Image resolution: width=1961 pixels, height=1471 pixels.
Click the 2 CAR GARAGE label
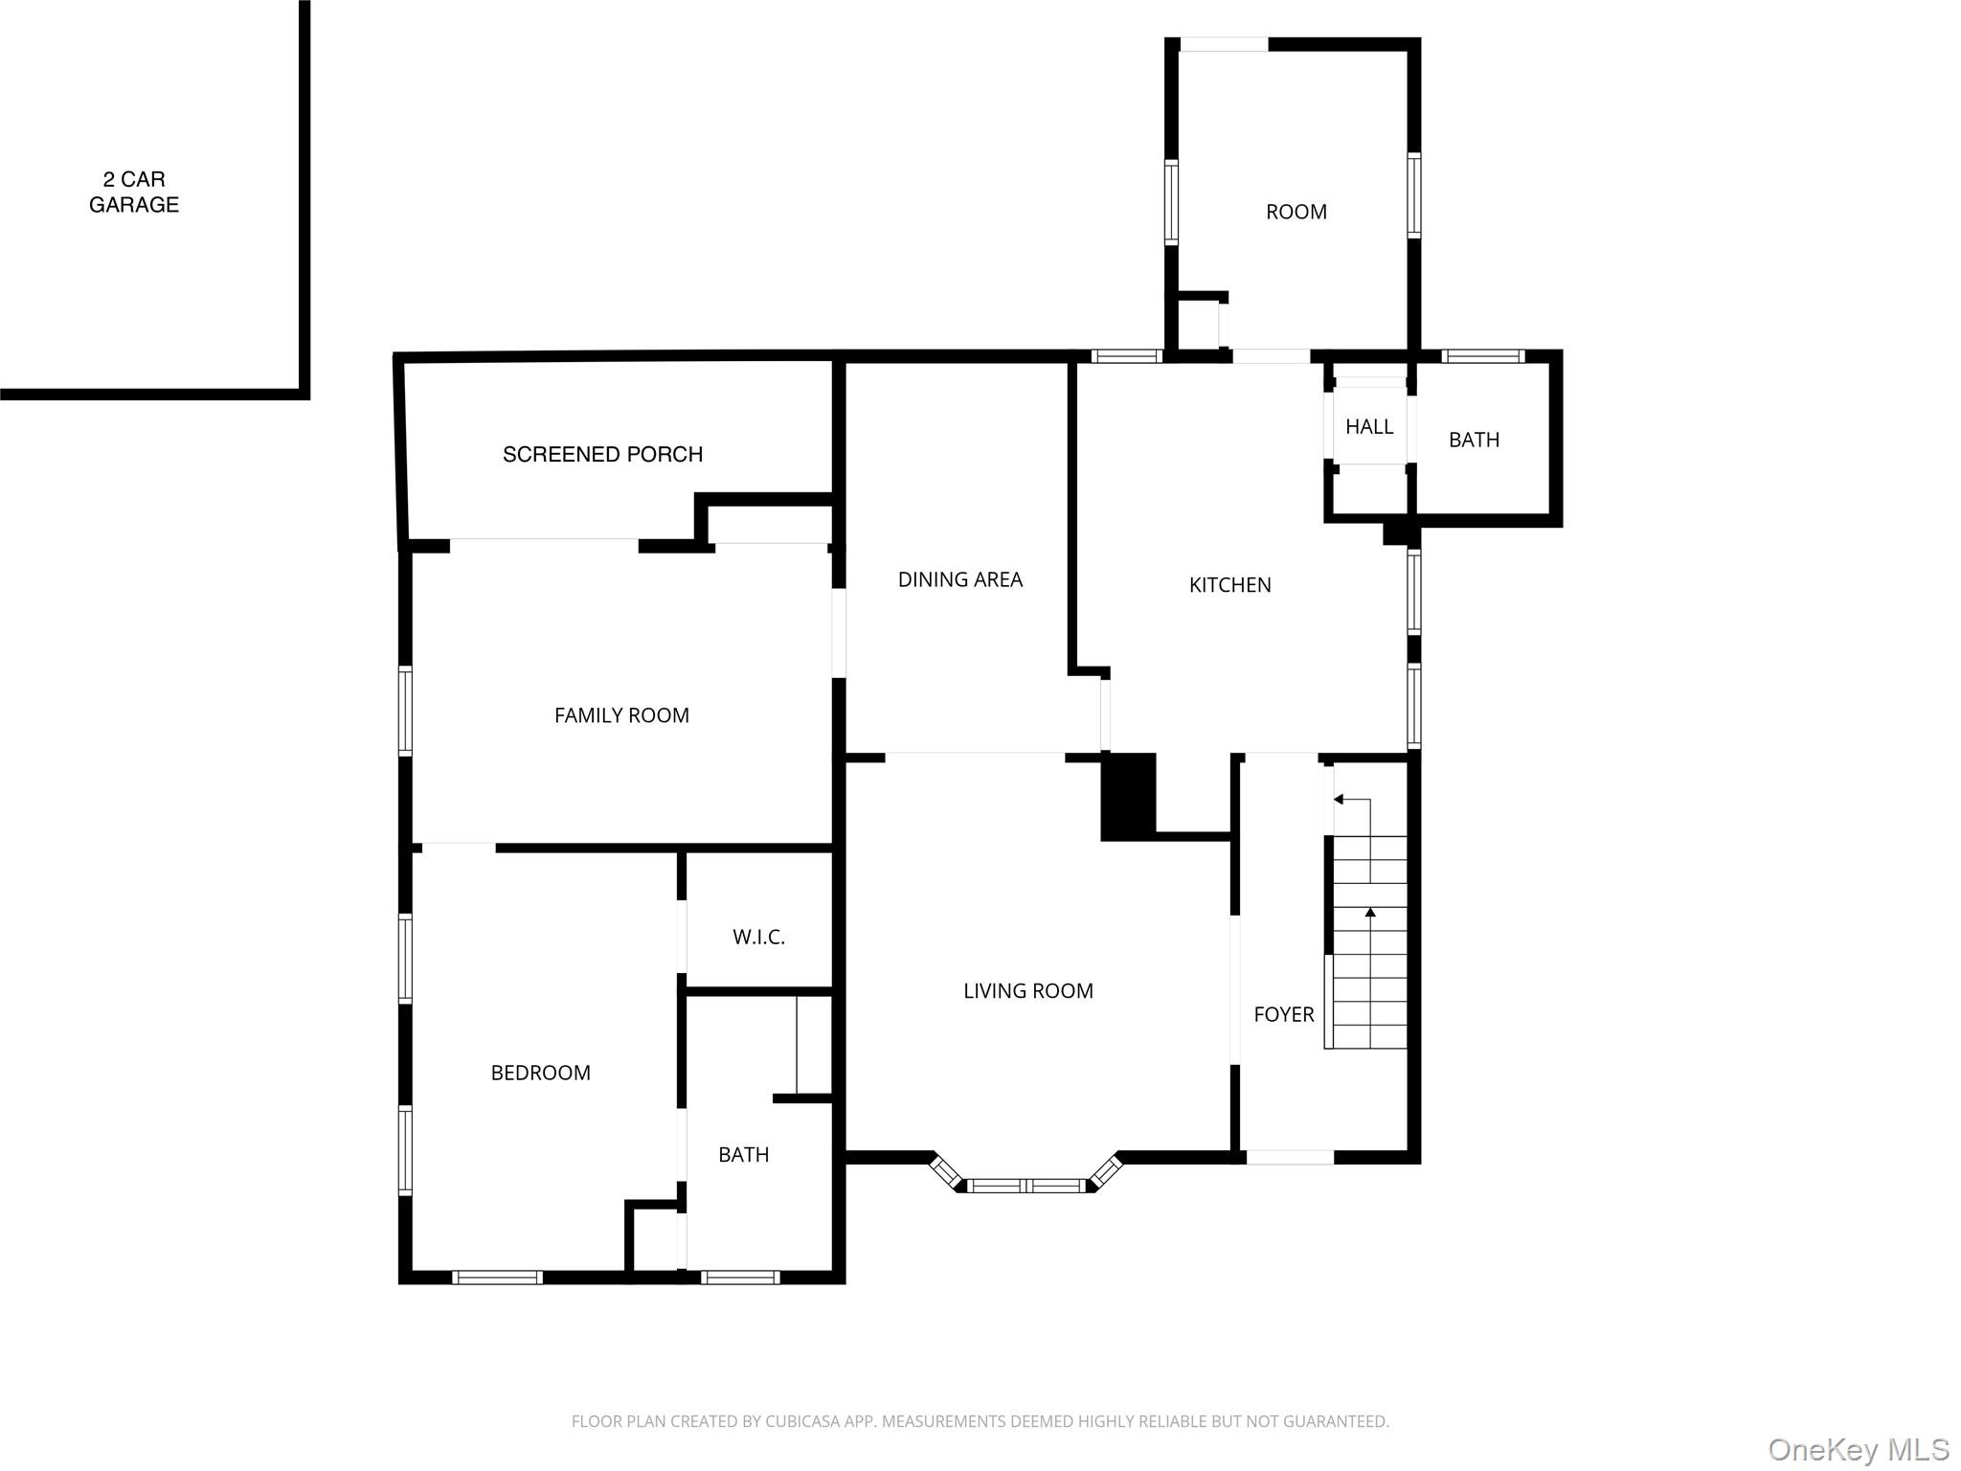point(134,192)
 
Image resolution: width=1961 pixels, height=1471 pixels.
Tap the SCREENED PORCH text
point(602,454)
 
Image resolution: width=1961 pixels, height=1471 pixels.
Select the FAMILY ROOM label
point(621,715)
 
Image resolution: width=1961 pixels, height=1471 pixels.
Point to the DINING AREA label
point(959,579)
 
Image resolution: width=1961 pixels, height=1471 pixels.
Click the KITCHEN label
point(1229,585)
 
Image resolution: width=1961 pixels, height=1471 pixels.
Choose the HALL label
point(1368,427)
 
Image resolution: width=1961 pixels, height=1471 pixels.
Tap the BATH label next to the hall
point(1473,441)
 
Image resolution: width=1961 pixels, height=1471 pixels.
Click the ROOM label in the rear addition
point(1296,213)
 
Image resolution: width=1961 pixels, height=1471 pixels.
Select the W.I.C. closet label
point(758,938)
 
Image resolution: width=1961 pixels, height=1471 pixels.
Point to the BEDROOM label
point(540,1074)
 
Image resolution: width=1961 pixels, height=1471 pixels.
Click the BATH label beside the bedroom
point(743,1155)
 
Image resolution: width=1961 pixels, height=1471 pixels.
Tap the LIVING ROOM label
point(1027,991)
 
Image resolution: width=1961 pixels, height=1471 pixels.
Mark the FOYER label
point(1283,1014)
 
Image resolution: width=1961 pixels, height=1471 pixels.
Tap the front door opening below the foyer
point(1289,1158)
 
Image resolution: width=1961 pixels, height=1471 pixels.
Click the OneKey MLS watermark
point(1858,1450)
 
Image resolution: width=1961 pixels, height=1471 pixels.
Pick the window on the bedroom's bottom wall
point(497,1277)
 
